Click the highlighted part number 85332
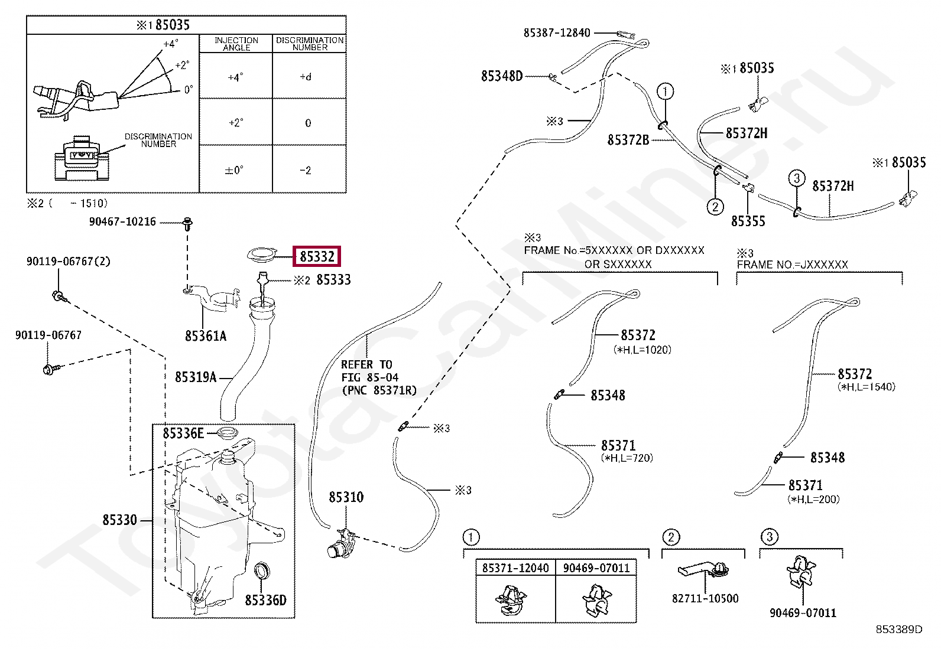click(317, 256)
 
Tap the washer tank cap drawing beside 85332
click(262, 254)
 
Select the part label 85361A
click(206, 336)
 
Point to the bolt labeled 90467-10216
click(188, 224)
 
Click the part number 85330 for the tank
click(119, 520)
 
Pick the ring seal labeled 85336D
click(261, 572)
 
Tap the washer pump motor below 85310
click(339, 544)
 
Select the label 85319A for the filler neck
click(196, 377)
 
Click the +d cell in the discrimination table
click(306, 77)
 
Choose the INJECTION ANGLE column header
click(236, 44)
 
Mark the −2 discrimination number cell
click(306, 170)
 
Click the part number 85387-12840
click(557, 33)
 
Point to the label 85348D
click(502, 76)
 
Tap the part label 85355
click(748, 221)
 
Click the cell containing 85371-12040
click(515, 568)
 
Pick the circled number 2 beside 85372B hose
click(715, 207)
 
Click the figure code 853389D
click(898, 630)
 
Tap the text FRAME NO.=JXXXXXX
click(792, 265)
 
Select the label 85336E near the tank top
click(183, 433)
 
